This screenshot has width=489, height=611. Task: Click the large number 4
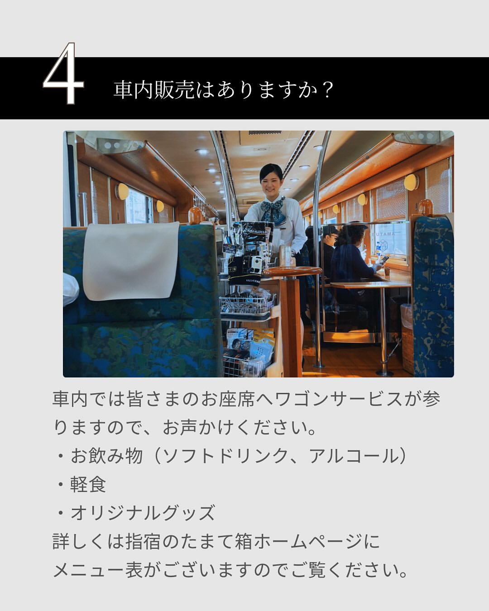point(63,73)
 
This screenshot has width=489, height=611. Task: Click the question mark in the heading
point(328,90)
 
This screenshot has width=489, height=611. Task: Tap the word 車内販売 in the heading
point(154,90)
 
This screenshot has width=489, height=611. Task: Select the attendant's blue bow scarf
point(273,210)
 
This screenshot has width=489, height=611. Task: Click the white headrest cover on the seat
point(131,261)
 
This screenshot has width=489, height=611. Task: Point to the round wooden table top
point(292,271)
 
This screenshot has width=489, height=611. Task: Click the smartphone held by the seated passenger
point(384,259)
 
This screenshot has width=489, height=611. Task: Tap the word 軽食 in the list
point(88,484)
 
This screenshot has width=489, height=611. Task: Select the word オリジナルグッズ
point(143,513)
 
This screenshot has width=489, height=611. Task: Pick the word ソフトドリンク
point(226,456)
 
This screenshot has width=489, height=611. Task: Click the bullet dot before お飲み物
point(60,456)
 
